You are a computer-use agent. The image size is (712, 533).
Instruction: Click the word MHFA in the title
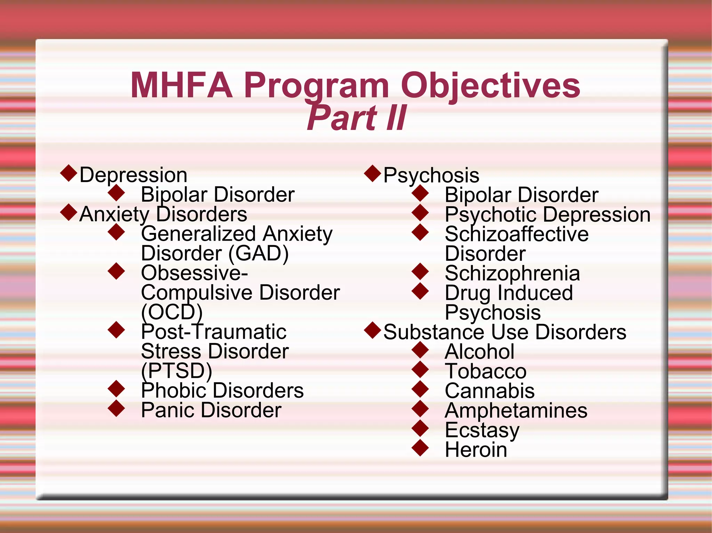181,85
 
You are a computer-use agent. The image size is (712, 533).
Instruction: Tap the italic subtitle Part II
356,118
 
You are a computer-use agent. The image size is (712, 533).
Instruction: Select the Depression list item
133,175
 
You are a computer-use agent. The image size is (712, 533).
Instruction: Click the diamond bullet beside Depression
68,173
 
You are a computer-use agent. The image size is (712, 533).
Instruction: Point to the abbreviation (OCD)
172,312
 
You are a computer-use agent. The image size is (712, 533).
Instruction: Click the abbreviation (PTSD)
177,370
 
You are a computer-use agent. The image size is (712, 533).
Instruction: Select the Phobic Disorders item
222,390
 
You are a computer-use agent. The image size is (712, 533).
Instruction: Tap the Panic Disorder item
211,410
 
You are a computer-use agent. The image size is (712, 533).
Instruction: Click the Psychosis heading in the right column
431,175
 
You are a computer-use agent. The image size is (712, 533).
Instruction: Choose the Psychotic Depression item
548,214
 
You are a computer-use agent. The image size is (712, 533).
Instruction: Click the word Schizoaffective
517,234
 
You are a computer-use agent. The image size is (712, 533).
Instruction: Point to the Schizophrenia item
512,273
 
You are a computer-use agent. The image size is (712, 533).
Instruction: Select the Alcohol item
479,351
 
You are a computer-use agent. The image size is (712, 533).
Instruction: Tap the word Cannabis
489,391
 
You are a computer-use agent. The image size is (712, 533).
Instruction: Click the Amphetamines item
516,410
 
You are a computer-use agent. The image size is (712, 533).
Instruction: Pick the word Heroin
476,450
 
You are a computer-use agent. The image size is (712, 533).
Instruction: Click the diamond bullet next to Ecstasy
420,428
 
